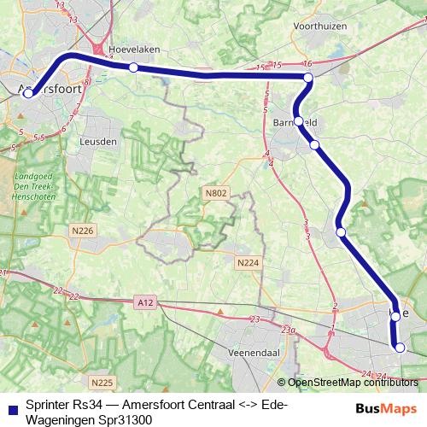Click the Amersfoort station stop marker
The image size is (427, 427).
point(28,93)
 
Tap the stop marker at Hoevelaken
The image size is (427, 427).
point(133,67)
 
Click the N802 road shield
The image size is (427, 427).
point(217,194)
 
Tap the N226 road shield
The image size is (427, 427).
point(84,231)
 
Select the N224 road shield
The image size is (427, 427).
point(248,262)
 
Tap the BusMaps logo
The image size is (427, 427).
point(385,409)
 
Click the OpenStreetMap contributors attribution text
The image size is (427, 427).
point(352,383)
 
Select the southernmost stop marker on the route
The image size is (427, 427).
point(399,347)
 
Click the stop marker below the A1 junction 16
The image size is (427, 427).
point(308,79)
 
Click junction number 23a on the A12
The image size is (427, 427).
point(289,330)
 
